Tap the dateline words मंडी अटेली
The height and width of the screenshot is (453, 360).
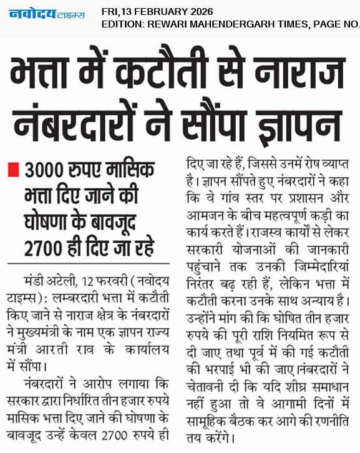tap(45, 277)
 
